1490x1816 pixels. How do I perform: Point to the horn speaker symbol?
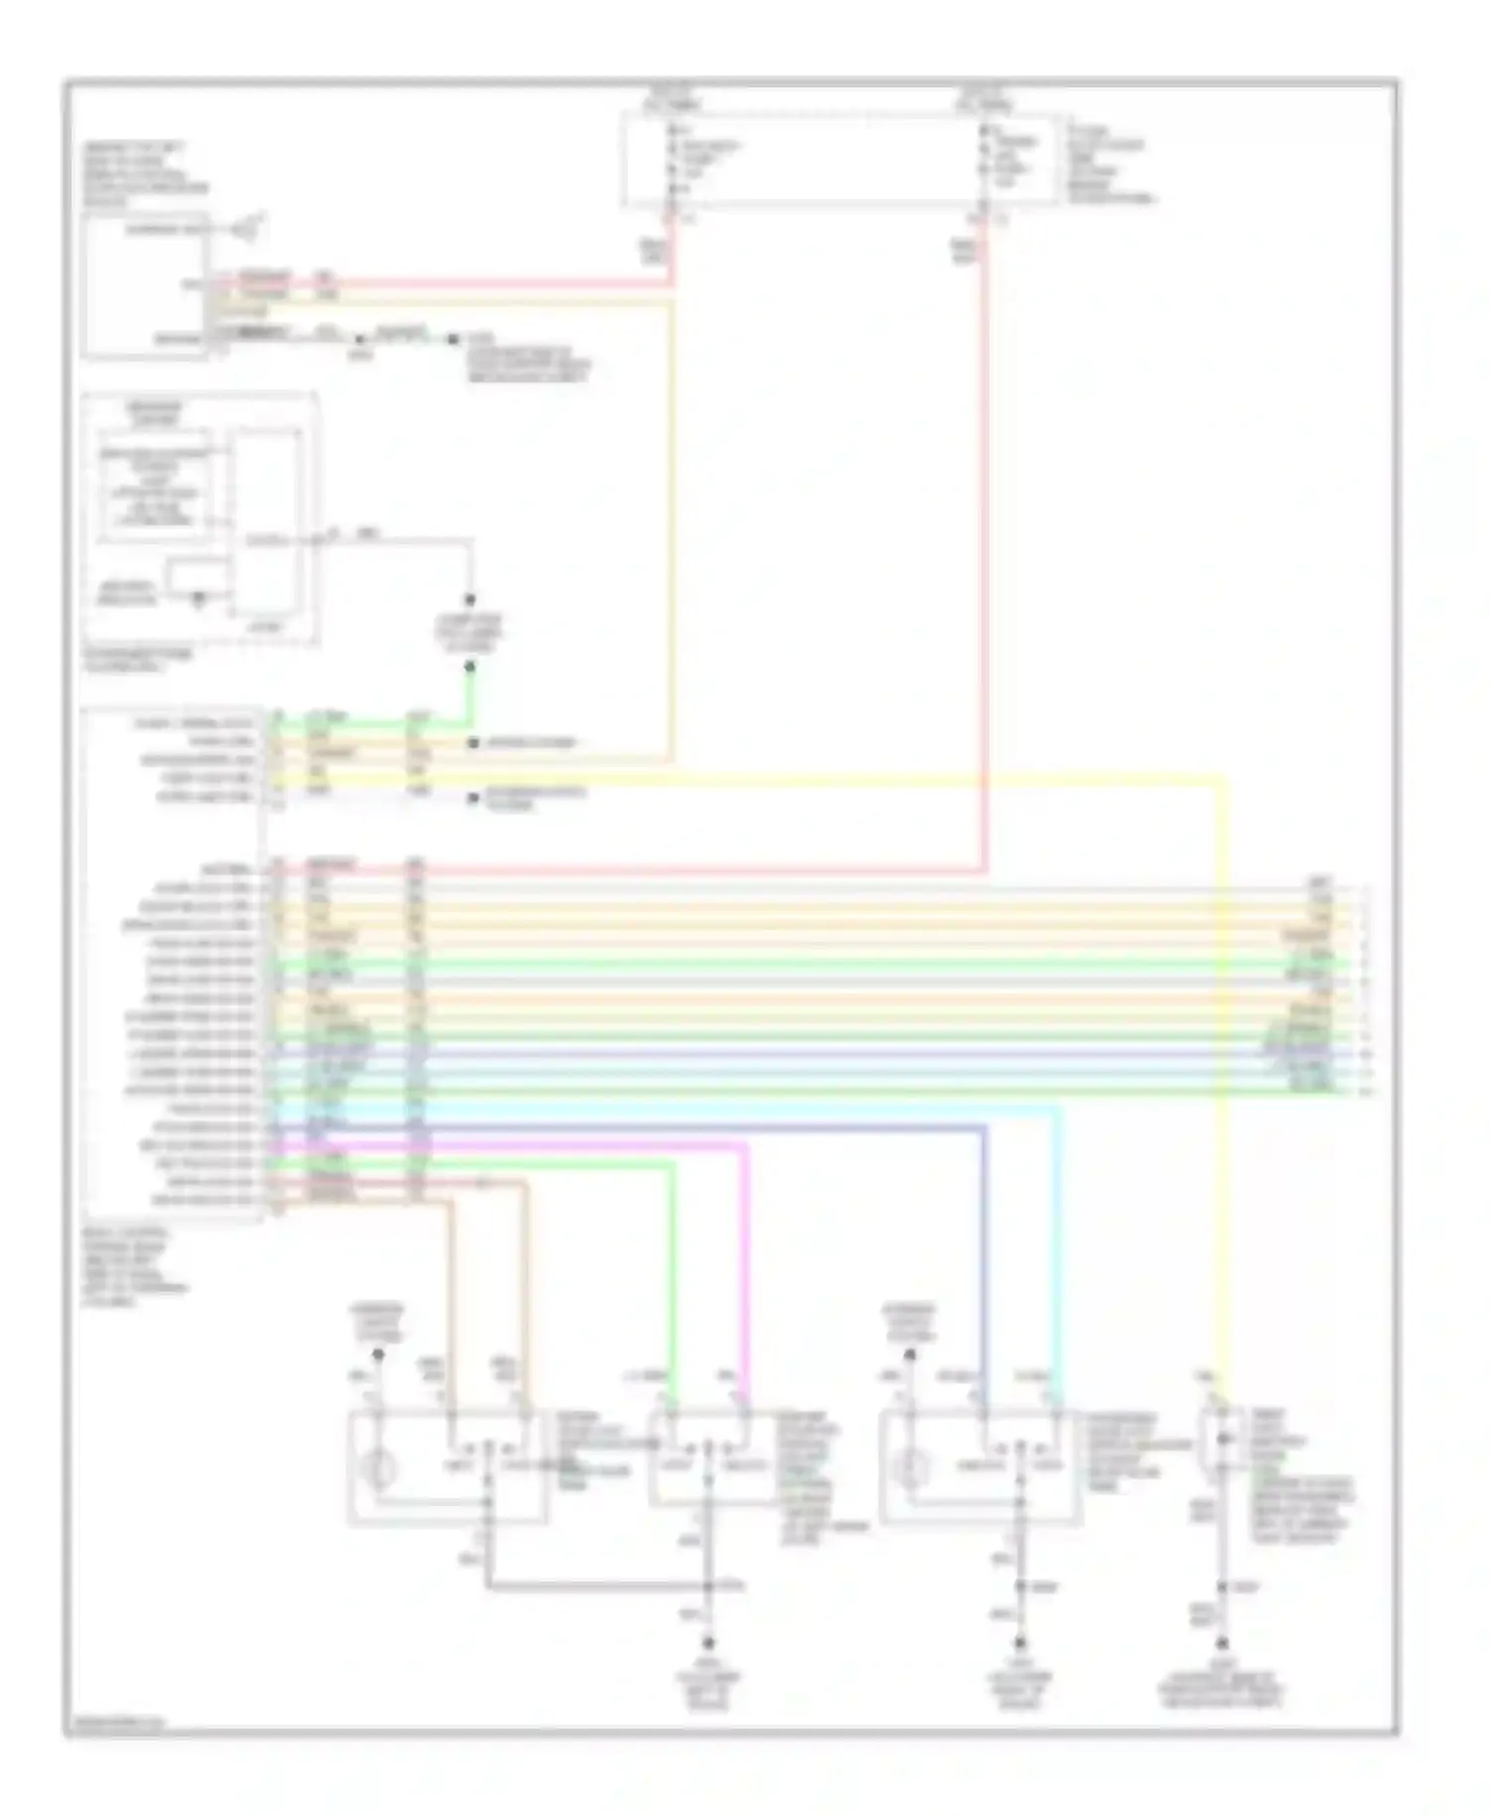pos(242,230)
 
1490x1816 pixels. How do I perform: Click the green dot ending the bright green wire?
pos(471,667)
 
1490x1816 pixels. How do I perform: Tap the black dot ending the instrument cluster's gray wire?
pos(471,601)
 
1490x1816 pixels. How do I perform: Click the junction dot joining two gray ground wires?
pos(708,1587)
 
